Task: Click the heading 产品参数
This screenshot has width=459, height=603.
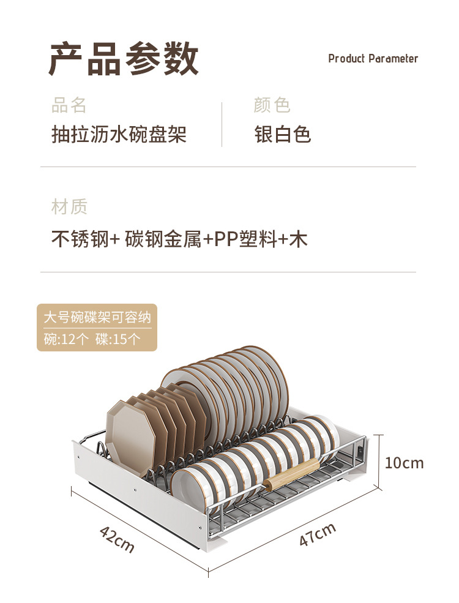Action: pos(124,59)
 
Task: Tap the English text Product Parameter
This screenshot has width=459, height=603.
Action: pos(373,59)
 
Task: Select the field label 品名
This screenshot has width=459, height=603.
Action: pos(69,105)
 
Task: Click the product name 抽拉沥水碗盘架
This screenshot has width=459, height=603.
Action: pos(119,134)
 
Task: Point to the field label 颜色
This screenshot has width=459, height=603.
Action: pos(271,105)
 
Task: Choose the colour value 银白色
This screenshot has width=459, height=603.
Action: pos(283,134)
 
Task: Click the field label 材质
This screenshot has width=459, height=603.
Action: pos(69,207)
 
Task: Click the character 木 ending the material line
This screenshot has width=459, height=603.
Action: pos(298,239)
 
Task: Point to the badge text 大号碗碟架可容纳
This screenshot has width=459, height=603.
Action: pos(97,317)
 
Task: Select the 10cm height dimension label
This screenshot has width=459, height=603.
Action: pos(404,463)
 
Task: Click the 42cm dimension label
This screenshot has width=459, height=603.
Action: pos(117,539)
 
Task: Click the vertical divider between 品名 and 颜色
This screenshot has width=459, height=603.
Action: pos(222,124)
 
